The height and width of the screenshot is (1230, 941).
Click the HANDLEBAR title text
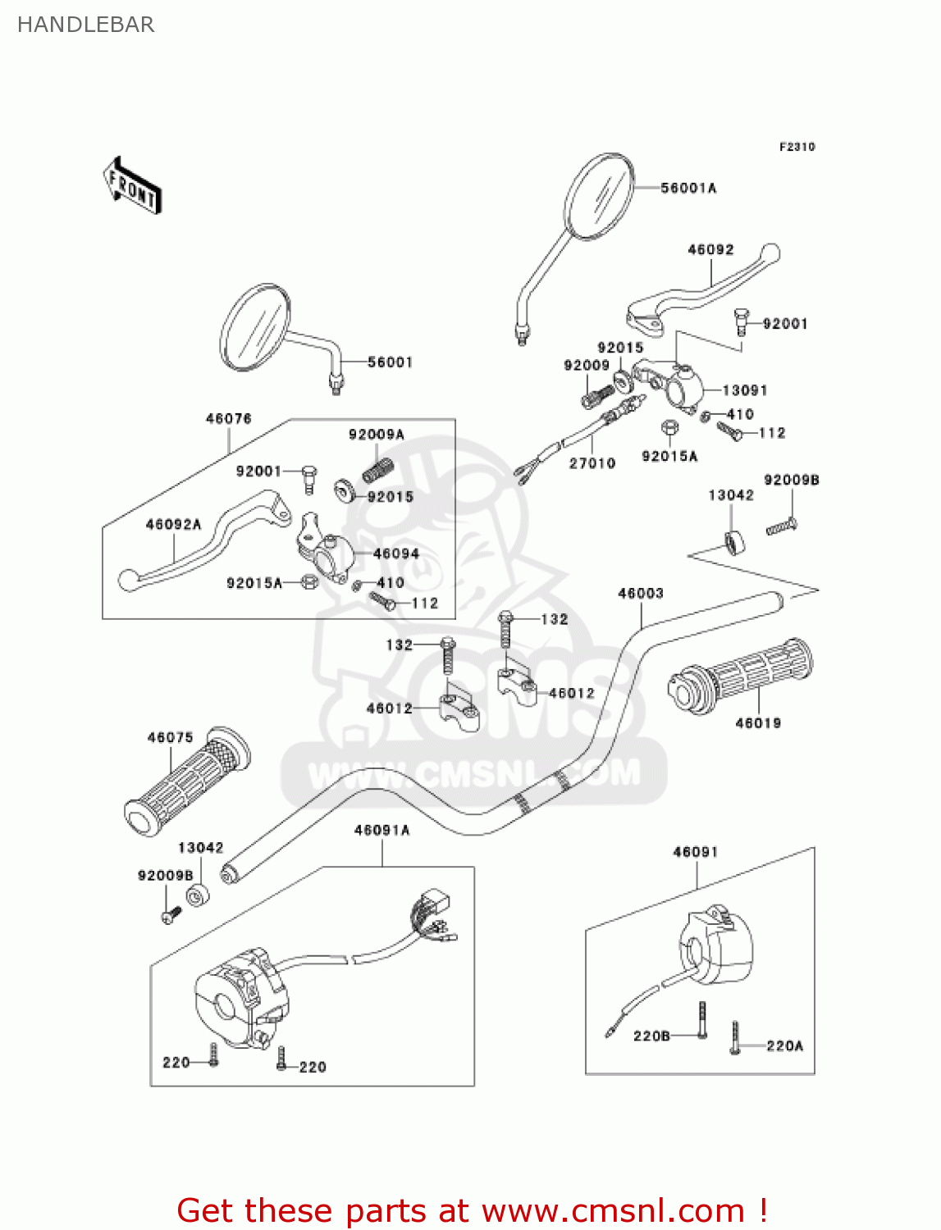85,25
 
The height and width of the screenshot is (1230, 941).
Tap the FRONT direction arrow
132,186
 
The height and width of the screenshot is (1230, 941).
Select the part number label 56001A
688,188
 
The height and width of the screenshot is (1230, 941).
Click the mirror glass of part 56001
255,328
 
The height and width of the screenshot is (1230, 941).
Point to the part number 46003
641,593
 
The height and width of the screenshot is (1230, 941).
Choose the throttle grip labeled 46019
742,676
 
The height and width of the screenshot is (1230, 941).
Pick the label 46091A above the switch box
381,830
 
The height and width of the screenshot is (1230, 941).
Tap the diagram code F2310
797,147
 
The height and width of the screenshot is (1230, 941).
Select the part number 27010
592,463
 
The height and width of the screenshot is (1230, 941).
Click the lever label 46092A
173,524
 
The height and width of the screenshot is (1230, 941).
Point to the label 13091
744,390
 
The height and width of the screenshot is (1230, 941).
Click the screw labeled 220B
701,1020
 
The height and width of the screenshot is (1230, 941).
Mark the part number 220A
784,1045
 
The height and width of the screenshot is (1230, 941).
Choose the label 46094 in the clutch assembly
395,553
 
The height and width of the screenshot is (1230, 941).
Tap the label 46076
228,418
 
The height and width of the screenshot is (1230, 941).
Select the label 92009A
376,435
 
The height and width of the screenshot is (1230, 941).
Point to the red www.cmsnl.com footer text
472,1210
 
